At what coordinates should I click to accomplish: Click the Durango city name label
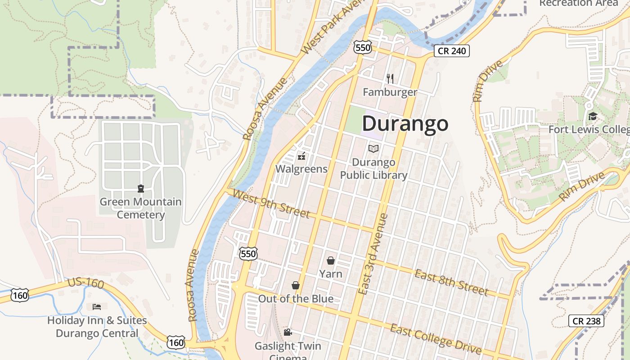point(405,123)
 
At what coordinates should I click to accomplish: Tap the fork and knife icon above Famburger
point(390,79)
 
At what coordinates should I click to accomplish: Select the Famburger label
point(390,92)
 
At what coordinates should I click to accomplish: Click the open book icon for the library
point(373,148)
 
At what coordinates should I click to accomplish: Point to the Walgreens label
point(301,169)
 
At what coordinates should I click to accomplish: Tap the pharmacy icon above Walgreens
point(301,157)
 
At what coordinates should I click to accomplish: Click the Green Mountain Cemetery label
point(140,208)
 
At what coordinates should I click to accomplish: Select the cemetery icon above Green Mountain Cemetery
point(140,189)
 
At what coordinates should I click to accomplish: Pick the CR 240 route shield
point(452,51)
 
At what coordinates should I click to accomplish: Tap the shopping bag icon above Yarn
point(331,261)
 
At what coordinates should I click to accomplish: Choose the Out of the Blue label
point(296,299)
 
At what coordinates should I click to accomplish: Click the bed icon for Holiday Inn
point(97,307)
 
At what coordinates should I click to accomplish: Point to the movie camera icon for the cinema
point(288,333)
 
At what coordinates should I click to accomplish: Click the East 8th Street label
point(451,282)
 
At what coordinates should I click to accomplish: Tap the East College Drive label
point(436,339)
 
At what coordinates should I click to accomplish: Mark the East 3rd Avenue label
point(371,254)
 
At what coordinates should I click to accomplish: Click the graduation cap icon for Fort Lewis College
point(593,117)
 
